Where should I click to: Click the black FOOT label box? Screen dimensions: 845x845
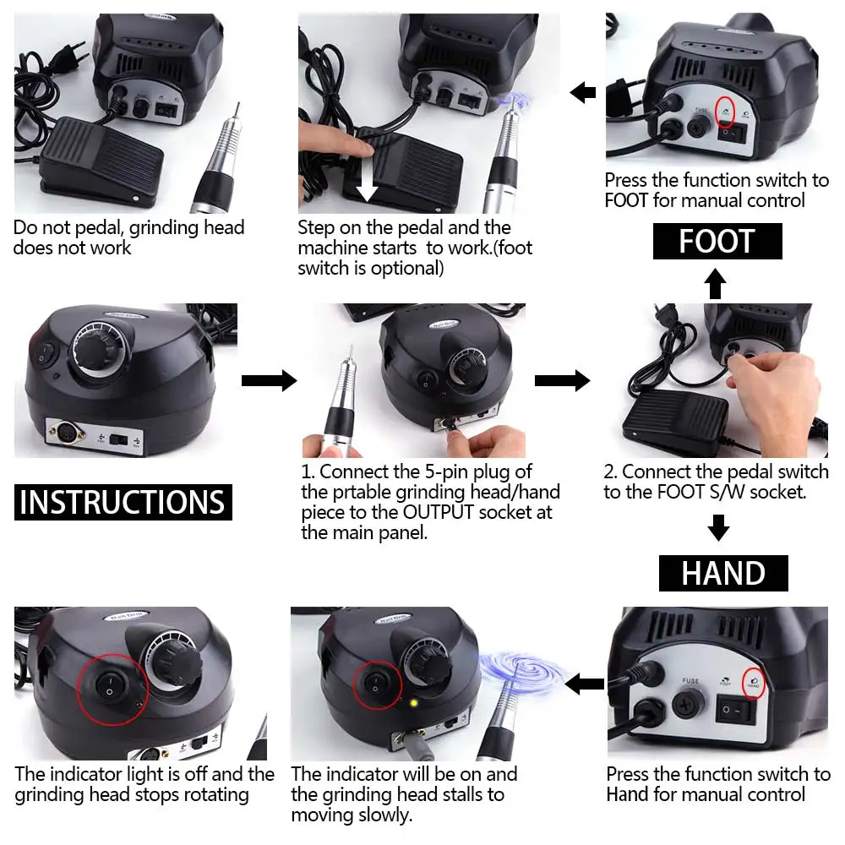point(717,241)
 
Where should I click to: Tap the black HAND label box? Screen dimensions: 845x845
point(723,573)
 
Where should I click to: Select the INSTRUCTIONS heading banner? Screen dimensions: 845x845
point(123,502)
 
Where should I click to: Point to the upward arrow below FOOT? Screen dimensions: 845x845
point(715,283)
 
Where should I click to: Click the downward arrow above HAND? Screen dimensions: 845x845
point(718,527)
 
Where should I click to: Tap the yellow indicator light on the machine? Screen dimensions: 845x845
point(414,703)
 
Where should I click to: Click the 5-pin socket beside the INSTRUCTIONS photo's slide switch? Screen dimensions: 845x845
point(67,431)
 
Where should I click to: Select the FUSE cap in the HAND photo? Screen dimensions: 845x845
point(689,703)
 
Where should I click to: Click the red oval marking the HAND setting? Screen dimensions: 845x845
point(754,683)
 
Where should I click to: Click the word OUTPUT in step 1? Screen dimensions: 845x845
point(438,512)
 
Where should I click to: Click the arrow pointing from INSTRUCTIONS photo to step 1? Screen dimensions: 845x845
point(269,380)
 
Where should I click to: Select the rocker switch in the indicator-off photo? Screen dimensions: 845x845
point(110,686)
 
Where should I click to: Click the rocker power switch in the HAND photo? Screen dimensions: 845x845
point(735,709)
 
